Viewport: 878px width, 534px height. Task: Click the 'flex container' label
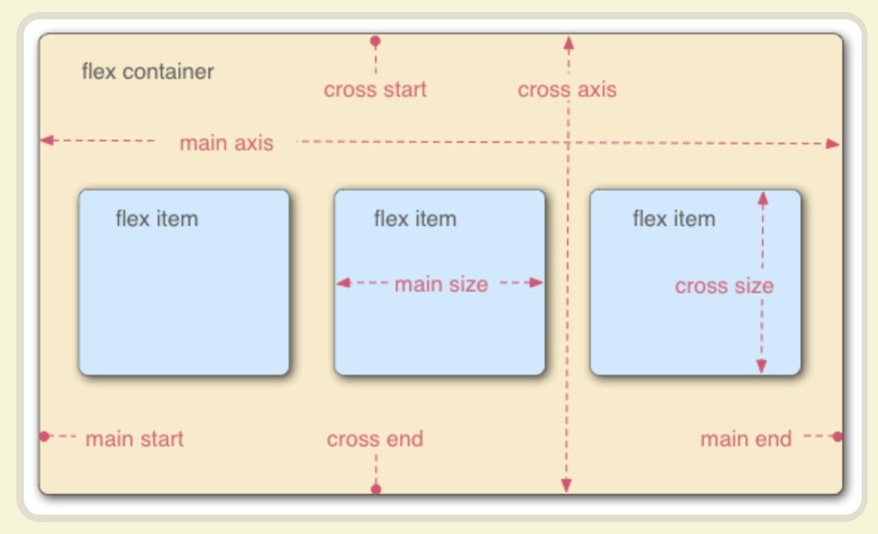148,71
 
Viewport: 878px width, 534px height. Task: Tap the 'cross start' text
375,89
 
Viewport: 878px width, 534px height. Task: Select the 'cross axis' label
567,89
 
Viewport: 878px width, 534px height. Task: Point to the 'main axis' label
226,144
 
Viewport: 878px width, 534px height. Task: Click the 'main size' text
441,284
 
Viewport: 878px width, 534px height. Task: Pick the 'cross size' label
724,286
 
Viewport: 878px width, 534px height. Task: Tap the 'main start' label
135,439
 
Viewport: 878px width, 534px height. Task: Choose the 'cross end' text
375,439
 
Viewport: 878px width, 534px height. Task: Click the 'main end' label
746,439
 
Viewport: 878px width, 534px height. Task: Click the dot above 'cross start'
376,41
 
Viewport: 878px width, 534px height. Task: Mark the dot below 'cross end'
376,489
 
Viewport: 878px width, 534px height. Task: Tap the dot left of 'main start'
44,436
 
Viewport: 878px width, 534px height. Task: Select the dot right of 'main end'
837,436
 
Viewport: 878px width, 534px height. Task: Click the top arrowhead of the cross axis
569,44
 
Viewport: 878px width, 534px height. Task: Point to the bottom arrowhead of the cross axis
567,485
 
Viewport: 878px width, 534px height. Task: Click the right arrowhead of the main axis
833,144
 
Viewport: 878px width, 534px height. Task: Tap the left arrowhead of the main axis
47,140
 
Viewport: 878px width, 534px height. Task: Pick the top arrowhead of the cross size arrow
763,199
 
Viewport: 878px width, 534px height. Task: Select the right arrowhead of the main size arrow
536,283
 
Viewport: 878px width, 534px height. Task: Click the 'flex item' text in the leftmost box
157,219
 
